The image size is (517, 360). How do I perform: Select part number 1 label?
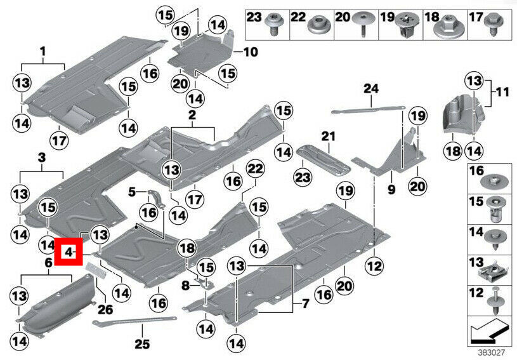click(x=43, y=51)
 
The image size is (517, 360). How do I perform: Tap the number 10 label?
click(x=251, y=51)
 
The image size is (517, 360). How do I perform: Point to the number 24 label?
click(x=371, y=88)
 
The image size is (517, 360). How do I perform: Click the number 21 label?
click(x=327, y=136)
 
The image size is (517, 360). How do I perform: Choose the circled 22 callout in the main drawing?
click(x=255, y=169)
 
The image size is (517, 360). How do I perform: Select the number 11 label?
click(x=502, y=92)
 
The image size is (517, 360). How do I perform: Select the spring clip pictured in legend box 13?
click(x=495, y=274)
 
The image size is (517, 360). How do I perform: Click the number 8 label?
click(x=186, y=286)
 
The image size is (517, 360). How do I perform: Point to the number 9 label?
click(x=391, y=189)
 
